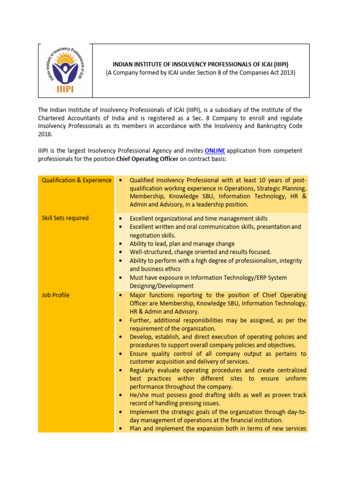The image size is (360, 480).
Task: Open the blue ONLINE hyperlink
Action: pos(215,150)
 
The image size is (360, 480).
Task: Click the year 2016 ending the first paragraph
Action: pos(45,134)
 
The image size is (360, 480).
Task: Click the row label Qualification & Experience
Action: pos(76,180)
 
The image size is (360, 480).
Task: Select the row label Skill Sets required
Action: pos(65,218)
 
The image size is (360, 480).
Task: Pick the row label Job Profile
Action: pos(55,295)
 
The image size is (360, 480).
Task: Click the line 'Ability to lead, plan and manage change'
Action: pos(182,244)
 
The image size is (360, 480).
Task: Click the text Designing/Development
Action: pos(161,286)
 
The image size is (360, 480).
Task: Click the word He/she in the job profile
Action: pos(140,395)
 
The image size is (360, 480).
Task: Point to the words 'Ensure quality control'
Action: pos(162,354)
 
